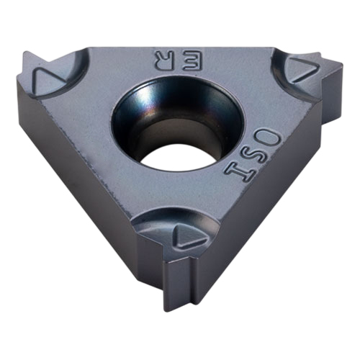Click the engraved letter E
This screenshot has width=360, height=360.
pos(192,61)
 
